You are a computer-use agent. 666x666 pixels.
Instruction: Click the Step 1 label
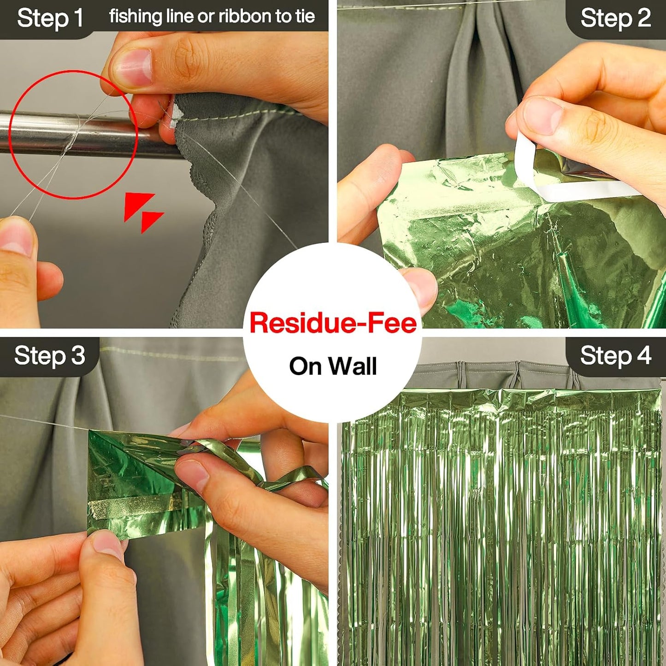coord(50,18)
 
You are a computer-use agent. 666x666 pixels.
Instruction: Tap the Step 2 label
coord(616,18)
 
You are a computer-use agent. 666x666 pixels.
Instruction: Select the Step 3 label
coord(50,356)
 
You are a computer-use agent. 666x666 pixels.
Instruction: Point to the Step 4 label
coord(616,356)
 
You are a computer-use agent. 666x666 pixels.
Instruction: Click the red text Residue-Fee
coord(333,322)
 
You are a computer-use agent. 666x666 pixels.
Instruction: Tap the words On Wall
coord(333,366)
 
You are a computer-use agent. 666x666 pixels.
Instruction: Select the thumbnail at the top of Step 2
coord(542,116)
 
